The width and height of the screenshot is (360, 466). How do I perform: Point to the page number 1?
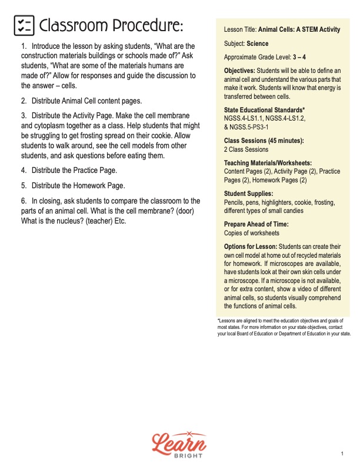[342, 454]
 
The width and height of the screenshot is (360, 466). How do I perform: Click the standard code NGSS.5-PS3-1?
[254, 127]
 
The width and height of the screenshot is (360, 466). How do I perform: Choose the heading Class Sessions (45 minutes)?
[264, 141]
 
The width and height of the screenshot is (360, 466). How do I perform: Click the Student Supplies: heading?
[248, 194]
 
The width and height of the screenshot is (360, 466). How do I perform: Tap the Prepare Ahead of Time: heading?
[256, 224]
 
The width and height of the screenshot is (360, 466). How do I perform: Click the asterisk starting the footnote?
[218, 320]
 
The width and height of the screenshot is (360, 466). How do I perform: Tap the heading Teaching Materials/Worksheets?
[268, 163]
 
